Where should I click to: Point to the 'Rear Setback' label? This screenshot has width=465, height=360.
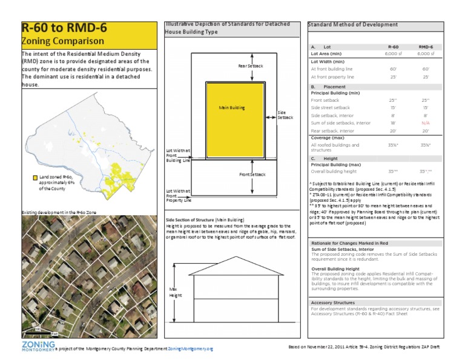coord(250,65)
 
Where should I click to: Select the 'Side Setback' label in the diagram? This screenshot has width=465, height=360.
coord(285,115)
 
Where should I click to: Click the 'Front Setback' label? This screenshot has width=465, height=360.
coord(252,175)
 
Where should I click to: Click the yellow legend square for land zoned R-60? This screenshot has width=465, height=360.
coord(36,178)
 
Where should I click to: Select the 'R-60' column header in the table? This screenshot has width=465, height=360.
coord(393,46)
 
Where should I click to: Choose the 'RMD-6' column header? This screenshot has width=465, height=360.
coord(426,46)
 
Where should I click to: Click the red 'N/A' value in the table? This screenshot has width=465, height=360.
coord(426,122)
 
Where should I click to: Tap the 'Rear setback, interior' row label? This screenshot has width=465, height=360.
coord(332,130)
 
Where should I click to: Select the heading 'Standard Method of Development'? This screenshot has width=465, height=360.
coord(353,25)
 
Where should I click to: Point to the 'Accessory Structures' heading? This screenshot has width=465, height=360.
coord(334,302)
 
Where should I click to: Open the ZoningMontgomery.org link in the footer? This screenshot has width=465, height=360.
coord(191,349)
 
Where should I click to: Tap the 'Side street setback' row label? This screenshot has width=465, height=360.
coord(330,107)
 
